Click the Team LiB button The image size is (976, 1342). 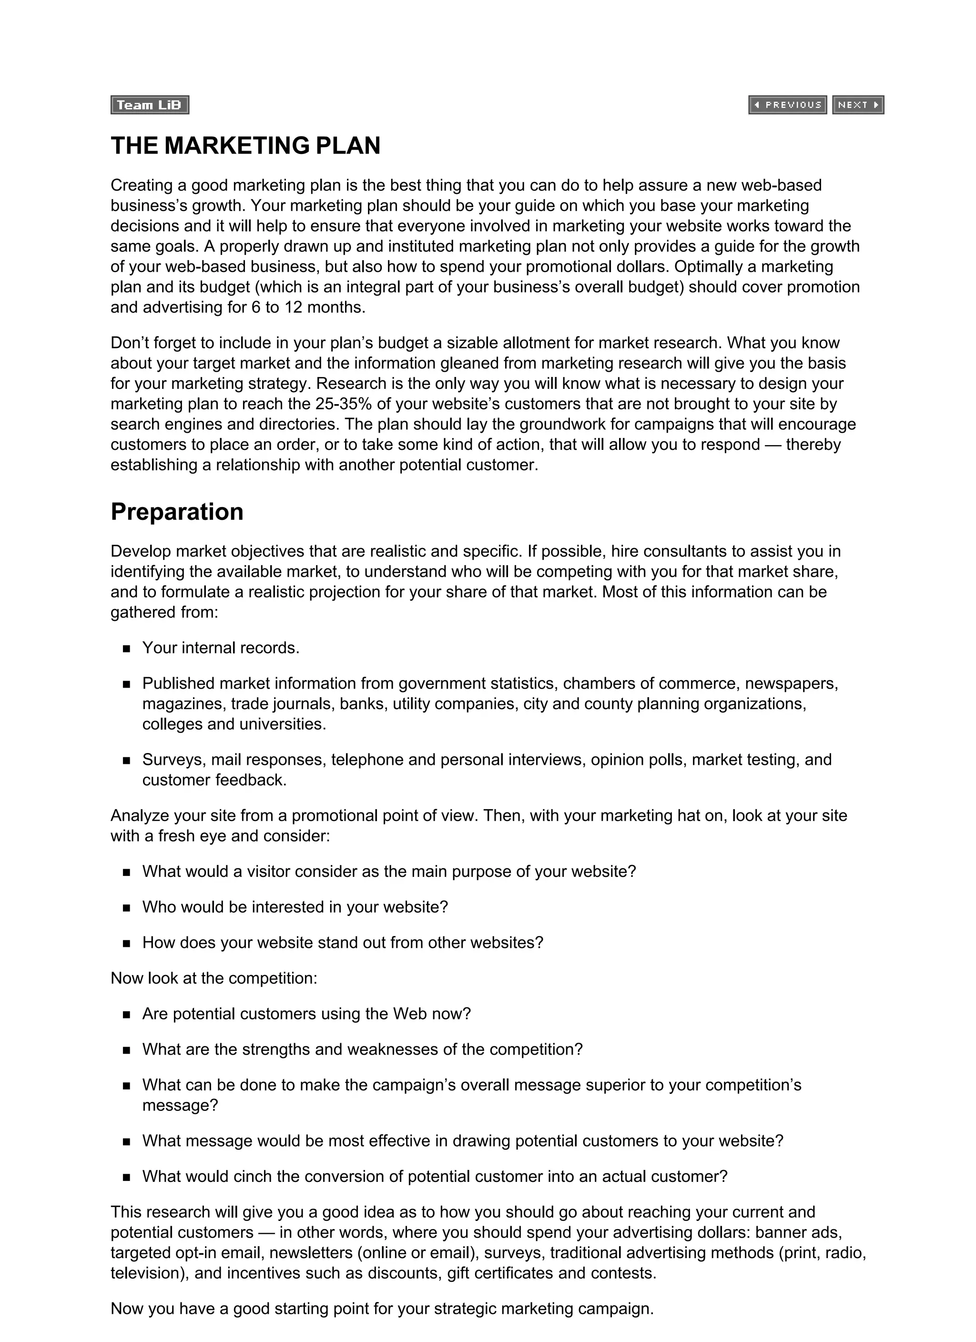click(x=149, y=105)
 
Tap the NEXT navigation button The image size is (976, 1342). click(x=858, y=105)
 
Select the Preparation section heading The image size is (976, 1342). click(x=177, y=512)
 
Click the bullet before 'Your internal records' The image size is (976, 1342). click(x=126, y=649)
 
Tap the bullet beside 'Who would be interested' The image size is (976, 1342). click(x=126, y=908)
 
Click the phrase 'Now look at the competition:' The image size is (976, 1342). click(x=213, y=978)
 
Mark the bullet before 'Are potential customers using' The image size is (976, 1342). click(x=126, y=1015)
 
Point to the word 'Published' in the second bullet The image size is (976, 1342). click(x=178, y=683)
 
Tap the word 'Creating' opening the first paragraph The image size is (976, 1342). click(x=140, y=185)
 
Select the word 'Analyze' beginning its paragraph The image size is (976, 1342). click(x=139, y=816)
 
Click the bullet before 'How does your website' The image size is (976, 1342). click(x=126, y=944)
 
